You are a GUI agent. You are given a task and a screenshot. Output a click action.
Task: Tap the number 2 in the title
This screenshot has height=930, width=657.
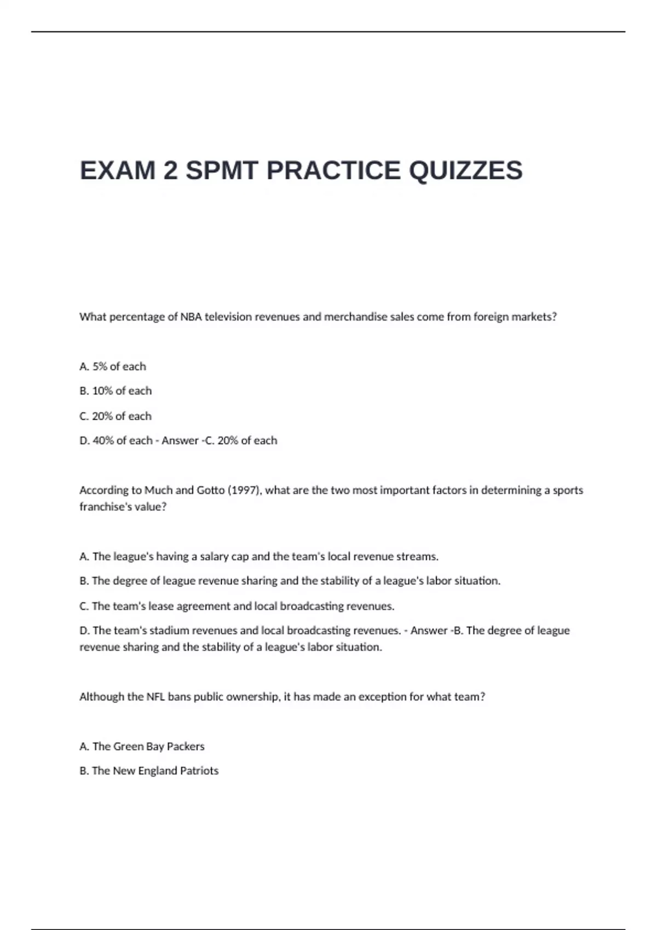click(170, 170)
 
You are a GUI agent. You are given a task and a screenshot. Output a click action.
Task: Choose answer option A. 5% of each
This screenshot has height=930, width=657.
click(113, 367)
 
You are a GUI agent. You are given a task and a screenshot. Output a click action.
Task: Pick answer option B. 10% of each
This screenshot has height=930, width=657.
click(116, 391)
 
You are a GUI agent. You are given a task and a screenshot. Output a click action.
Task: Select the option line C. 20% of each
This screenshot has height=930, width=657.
click(116, 416)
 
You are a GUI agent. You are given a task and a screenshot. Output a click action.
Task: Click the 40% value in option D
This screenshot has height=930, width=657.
click(103, 440)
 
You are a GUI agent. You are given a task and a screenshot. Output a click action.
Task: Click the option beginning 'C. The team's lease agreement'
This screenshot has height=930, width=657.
click(237, 606)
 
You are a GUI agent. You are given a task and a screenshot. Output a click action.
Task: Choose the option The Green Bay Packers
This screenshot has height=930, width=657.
click(142, 746)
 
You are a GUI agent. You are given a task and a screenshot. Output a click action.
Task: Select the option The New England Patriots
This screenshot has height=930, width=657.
click(149, 771)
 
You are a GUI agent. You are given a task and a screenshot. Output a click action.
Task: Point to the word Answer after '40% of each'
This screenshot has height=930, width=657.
click(180, 440)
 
